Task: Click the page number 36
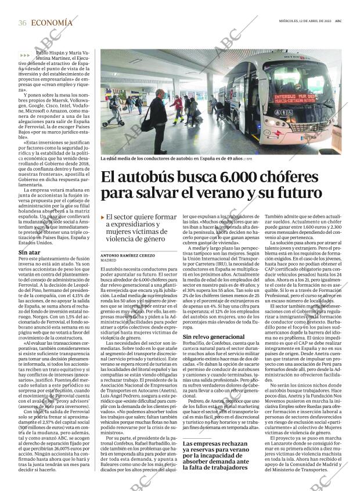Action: pos(22,23)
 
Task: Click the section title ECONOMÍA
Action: pos(52,23)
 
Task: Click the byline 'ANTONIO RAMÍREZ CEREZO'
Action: pos(128,255)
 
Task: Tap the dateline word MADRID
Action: pos(109,261)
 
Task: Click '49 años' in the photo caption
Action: pos(234,158)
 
